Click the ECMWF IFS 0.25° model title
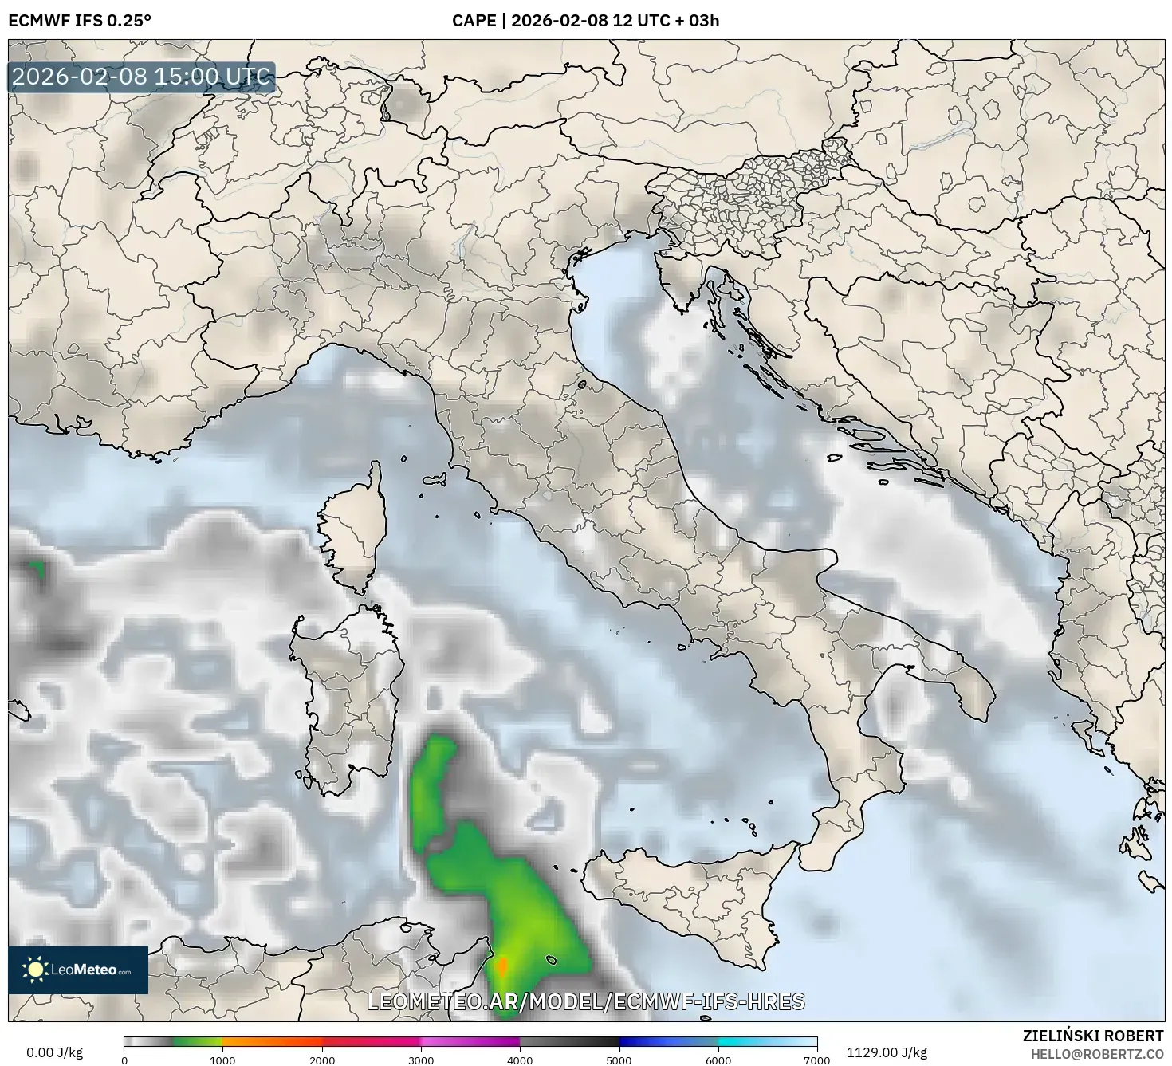point(80,21)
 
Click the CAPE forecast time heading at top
point(585,21)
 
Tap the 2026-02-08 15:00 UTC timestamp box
point(142,77)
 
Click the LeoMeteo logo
point(78,970)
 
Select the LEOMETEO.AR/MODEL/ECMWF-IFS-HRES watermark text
point(586,1001)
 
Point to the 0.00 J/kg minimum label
point(55,1052)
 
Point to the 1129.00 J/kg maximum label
point(887,1052)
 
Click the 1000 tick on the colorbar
point(222,1060)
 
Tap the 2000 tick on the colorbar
point(322,1060)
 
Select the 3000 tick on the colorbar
point(421,1060)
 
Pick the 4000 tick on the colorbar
point(520,1060)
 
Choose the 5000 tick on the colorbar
point(619,1060)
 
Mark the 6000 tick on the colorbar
point(718,1060)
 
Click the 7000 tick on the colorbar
point(817,1060)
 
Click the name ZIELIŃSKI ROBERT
point(1093,1036)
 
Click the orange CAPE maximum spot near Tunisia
point(502,966)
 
